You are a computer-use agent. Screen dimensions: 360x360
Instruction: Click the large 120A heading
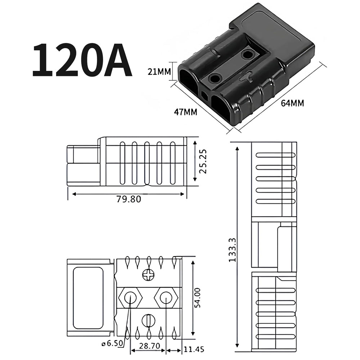(82, 60)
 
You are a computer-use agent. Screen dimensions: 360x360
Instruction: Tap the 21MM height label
(159, 72)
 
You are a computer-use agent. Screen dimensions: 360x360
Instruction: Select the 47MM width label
(185, 112)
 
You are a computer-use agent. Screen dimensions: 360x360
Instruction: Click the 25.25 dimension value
(203, 161)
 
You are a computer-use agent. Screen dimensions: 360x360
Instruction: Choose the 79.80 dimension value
(129, 199)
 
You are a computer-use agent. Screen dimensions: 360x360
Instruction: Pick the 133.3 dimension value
(232, 250)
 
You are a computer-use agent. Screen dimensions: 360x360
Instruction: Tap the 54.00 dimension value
(197, 298)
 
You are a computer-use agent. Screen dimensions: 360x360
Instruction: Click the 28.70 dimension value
(149, 346)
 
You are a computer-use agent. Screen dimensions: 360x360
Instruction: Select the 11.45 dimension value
(194, 350)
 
